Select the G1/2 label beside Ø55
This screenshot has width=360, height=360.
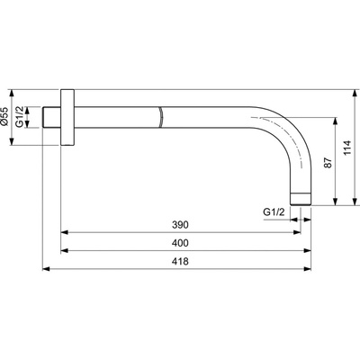pos(28,118)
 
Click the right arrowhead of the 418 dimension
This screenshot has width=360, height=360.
pos(311,269)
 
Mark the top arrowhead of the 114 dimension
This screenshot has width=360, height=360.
pos(355,93)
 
